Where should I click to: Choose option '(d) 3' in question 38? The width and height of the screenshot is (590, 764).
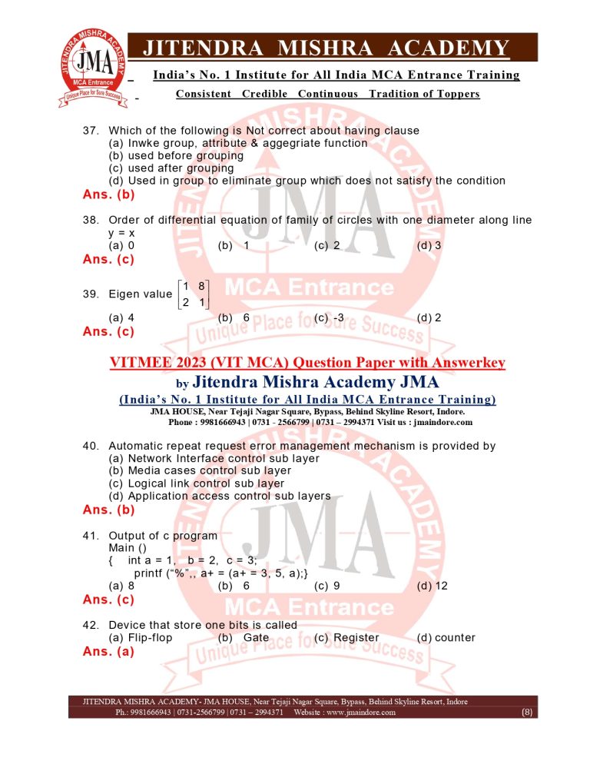pos(429,245)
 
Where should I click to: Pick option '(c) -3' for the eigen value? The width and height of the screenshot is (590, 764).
pos(329,317)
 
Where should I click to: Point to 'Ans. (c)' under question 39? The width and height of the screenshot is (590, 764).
pos(108,332)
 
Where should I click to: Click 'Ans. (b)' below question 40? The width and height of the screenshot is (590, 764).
pos(108,510)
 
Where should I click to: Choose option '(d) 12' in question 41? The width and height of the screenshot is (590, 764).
pos(432,586)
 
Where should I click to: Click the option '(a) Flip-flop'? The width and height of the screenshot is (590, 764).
pos(141,637)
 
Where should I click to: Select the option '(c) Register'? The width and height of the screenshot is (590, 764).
pos(346,637)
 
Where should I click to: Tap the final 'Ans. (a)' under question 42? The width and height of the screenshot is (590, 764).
pos(108,652)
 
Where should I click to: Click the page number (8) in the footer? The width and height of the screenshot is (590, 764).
pos(526,713)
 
